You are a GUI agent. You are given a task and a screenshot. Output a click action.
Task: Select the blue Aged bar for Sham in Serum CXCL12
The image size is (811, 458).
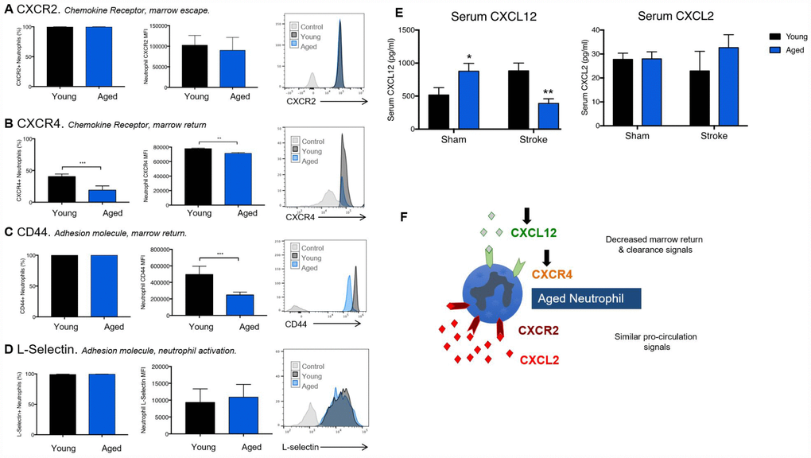(x=468, y=99)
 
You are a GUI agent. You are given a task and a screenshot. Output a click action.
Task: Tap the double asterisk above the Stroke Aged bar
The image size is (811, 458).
(x=548, y=93)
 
